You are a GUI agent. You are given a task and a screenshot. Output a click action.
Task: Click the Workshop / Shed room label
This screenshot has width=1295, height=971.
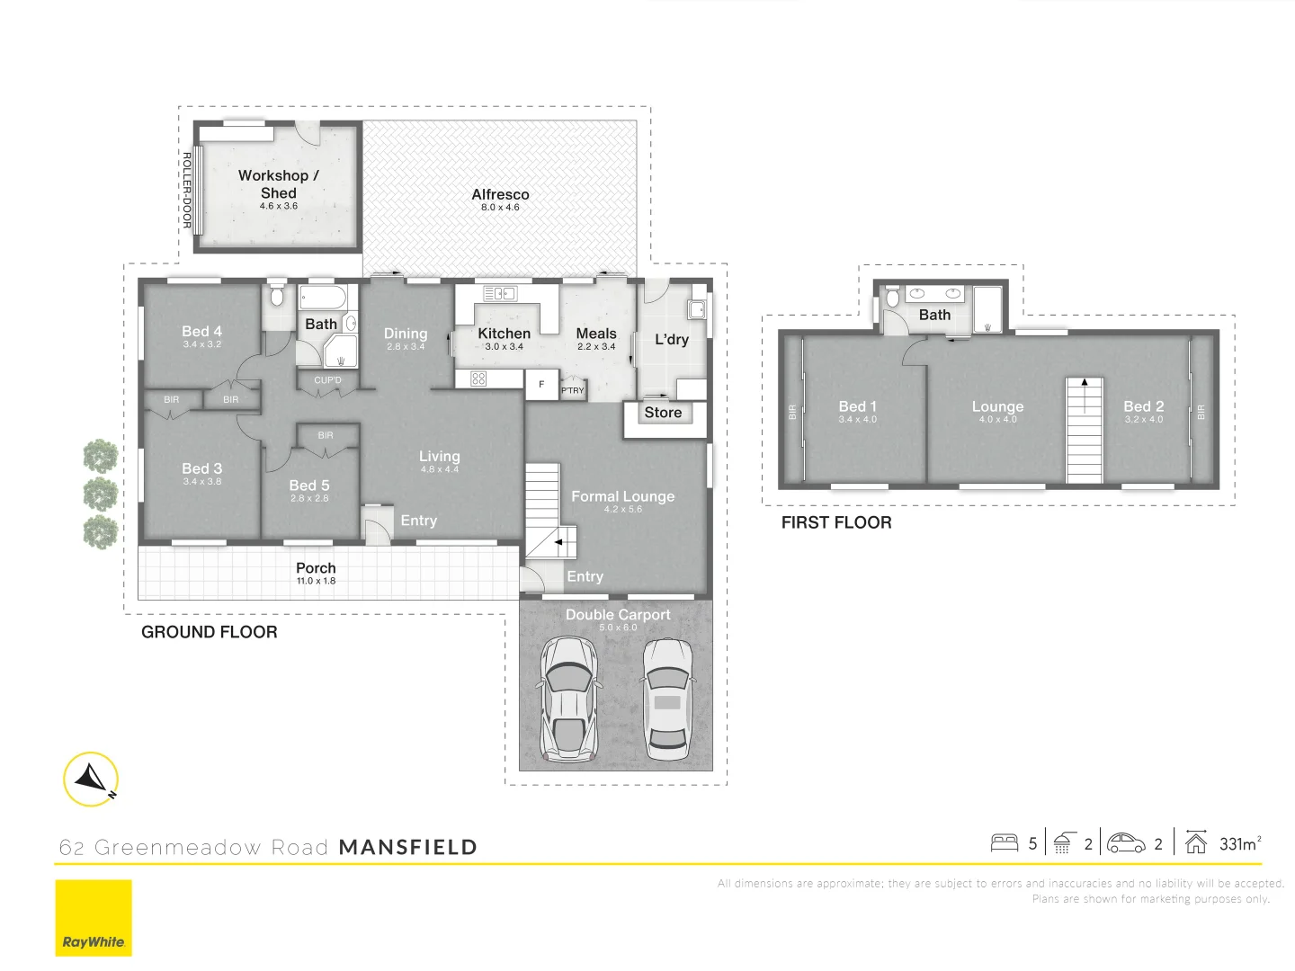[x=278, y=184]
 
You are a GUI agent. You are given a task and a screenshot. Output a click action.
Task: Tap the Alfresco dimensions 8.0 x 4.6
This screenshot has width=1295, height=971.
[x=500, y=208]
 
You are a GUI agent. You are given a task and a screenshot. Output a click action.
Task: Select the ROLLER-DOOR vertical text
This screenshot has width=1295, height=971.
[x=187, y=190]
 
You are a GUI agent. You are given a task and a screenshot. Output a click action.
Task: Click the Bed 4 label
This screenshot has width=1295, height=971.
[x=201, y=332]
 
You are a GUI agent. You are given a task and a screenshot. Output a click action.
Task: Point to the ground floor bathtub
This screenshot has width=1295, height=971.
[x=322, y=298]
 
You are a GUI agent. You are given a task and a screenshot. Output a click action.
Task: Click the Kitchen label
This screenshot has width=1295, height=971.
[x=504, y=334]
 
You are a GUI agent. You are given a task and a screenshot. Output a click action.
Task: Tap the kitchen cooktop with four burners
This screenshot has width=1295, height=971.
[x=478, y=379]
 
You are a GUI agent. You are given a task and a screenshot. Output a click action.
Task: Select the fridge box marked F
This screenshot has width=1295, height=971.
[x=541, y=384]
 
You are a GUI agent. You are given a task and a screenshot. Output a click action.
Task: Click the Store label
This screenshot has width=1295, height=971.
[x=663, y=413]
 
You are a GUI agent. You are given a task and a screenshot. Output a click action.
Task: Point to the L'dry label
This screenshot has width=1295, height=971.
[x=671, y=339]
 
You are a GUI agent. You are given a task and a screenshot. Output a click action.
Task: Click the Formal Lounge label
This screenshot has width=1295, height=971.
[x=622, y=496]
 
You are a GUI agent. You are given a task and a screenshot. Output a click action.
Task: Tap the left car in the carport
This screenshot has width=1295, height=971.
[x=568, y=698]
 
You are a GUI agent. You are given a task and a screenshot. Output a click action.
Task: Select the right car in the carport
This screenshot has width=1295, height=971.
[x=666, y=698]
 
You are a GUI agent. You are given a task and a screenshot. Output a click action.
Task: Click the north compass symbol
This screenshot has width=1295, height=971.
[x=91, y=779]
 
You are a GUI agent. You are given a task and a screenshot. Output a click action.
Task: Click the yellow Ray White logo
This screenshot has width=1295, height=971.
[x=94, y=918]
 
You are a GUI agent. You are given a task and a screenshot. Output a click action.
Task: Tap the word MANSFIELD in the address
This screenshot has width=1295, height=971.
[x=407, y=847]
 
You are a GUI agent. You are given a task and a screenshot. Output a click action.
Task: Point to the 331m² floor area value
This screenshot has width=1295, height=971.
[x=1239, y=843]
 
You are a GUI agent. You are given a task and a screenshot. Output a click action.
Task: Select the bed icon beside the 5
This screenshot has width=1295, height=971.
[x=1004, y=843]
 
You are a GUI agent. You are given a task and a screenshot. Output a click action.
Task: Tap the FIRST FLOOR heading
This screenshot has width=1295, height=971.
[x=835, y=522]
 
